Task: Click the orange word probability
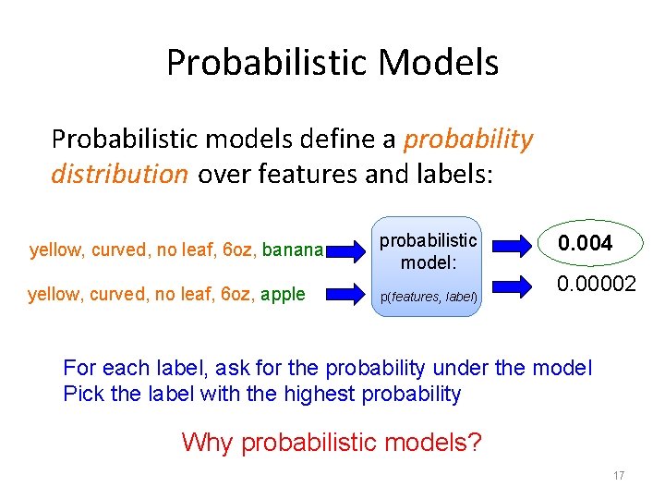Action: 468,140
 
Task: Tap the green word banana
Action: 294,249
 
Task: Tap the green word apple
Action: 284,295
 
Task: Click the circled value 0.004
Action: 584,244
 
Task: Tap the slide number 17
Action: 618,476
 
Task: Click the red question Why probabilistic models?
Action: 332,442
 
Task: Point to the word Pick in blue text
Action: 82,395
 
